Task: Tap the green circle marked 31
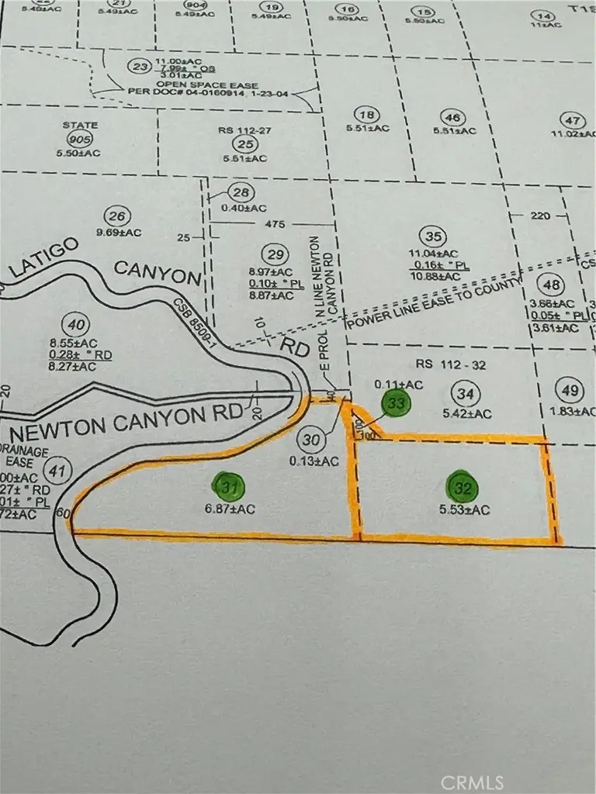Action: pyautogui.click(x=227, y=486)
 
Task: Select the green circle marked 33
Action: pyautogui.click(x=397, y=402)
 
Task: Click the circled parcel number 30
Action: pyautogui.click(x=313, y=440)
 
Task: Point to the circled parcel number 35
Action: pyautogui.click(x=434, y=236)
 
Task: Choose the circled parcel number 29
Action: pyautogui.click(x=274, y=254)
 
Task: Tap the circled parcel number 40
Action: pyautogui.click(x=77, y=324)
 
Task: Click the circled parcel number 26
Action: pyautogui.click(x=118, y=216)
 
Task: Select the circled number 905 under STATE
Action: pyautogui.click(x=80, y=140)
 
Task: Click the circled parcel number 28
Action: pyautogui.click(x=241, y=193)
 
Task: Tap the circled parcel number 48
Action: pyautogui.click(x=553, y=285)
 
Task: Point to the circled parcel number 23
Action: pyautogui.click(x=140, y=67)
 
